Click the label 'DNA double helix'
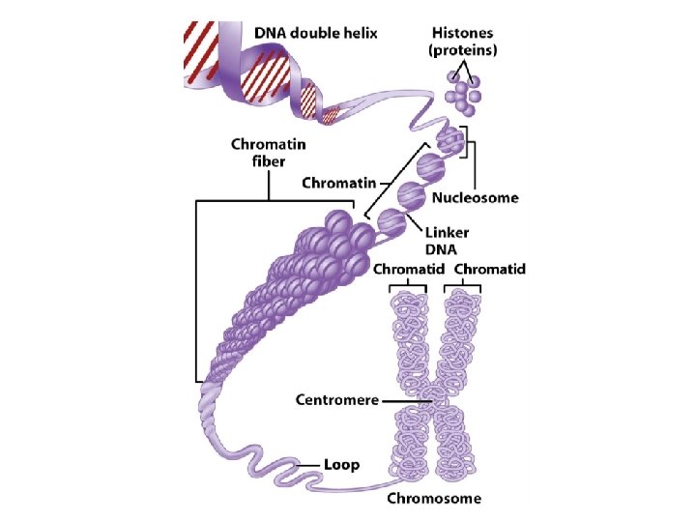click(316, 32)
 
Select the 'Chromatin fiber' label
click(258, 153)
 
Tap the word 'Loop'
click(340, 465)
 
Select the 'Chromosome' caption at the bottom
click(434, 499)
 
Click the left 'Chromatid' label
click(407, 271)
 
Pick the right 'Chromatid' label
click(489, 271)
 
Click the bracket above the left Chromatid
click(407, 287)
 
